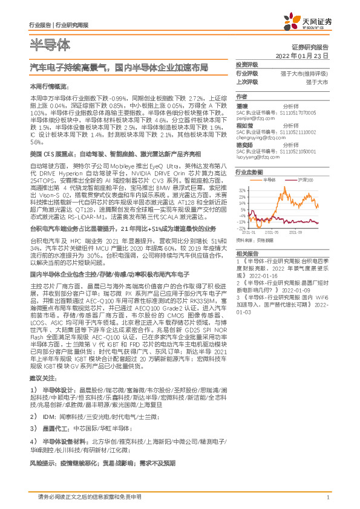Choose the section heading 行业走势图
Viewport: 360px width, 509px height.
249,172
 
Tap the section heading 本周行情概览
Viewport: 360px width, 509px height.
47,86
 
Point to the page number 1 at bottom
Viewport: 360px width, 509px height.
327,497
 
